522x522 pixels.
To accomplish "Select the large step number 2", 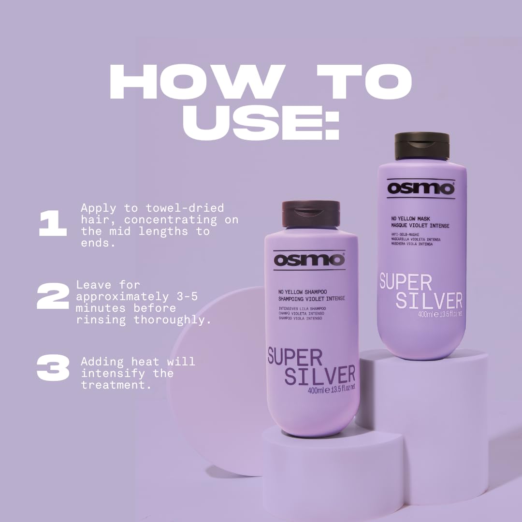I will tap(53, 297).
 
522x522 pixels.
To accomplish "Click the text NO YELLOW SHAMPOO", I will tap(303, 292).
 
